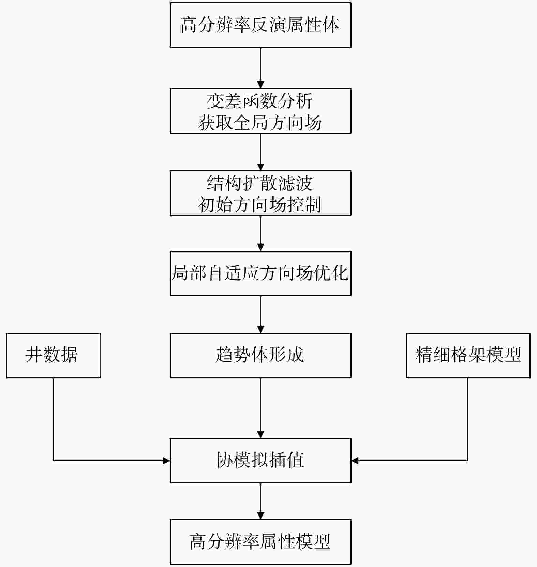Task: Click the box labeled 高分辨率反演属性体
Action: click(x=260, y=25)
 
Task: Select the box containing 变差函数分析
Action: click(x=260, y=102)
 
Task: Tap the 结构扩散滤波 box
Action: click(x=260, y=183)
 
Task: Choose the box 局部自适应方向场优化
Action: click(x=260, y=273)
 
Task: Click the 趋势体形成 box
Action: click(x=260, y=355)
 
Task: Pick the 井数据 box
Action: click(x=53, y=355)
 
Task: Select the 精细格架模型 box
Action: click(x=468, y=355)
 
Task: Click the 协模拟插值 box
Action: click(x=260, y=460)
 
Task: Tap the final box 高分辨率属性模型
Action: click(x=260, y=541)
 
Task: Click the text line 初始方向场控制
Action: click(x=260, y=205)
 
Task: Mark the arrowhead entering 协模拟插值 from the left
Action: click(x=166, y=461)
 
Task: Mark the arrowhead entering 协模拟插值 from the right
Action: click(x=355, y=461)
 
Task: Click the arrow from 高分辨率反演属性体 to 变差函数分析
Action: click(x=260, y=68)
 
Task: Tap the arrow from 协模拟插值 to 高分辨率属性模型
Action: click(x=260, y=501)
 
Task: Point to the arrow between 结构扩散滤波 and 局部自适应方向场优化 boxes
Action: click(x=260, y=233)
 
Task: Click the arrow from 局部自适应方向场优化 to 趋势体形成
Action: click(x=260, y=314)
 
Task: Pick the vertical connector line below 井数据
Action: click(x=53, y=419)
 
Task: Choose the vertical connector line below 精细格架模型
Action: click(x=467, y=419)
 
